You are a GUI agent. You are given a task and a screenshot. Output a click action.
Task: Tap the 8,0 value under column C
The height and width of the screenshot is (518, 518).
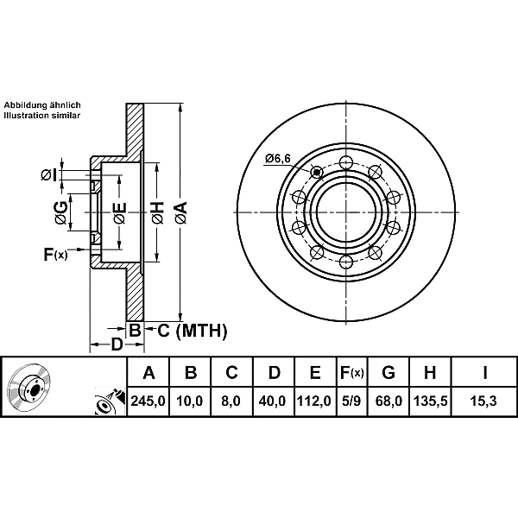tap(232, 401)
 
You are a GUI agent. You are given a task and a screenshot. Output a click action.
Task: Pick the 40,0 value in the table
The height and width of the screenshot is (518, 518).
tap(274, 401)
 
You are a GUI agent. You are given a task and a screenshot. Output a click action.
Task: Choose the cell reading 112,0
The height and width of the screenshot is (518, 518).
tap(314, 401)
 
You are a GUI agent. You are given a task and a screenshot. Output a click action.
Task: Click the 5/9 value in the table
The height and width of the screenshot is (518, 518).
tap(351, 401)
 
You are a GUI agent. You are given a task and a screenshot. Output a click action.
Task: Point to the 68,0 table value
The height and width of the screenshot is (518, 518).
tap(388, 401)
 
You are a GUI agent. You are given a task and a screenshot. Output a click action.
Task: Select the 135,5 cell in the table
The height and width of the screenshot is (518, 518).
tap(429, 401)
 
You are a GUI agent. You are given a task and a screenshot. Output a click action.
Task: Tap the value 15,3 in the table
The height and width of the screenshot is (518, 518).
tap(485, 401)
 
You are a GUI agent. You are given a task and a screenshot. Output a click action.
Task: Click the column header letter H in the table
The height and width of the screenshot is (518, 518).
tap(429, 373)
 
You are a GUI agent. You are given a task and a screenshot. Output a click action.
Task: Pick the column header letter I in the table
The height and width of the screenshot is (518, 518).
tap(485, 373)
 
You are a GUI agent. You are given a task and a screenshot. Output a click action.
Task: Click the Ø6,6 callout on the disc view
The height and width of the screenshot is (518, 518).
tap(278, 158)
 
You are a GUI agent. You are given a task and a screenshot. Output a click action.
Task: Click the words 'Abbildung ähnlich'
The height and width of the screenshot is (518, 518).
tap(42, 103)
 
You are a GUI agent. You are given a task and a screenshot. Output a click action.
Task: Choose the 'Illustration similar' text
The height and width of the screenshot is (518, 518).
tap(42, 114)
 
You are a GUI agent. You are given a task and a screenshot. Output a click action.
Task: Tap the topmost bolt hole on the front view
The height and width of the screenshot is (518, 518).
tap(346, 162)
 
